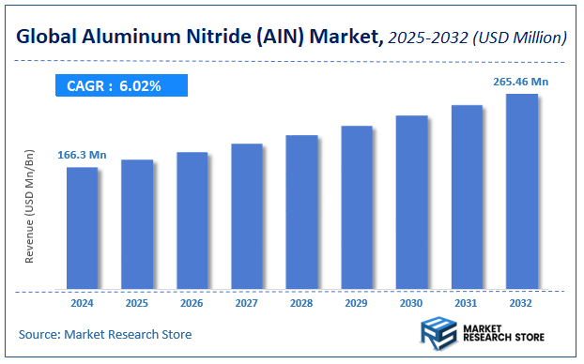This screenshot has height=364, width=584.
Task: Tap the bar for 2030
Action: pyautogui.click(x=411, y=202)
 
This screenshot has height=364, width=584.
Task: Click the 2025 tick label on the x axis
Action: pyautogui.click(x=137, y=303)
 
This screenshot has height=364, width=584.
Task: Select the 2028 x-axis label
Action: pyautogui.click(x=301, y=303)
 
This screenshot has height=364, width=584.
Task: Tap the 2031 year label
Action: pyautogui.click(x=467, y=303)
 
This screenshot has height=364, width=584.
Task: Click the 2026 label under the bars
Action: pyautogui.click(x=192, y=303)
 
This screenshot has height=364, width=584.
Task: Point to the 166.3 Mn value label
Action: pyautogui.click(x=82, y=154)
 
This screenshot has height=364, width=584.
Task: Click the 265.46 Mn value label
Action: pyautogui.click(x=520, y=82)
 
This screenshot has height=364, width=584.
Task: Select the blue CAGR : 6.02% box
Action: pyautogui.click(x=119, y=85)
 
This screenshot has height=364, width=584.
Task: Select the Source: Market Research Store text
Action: pyautogui.click(x=105, y=334)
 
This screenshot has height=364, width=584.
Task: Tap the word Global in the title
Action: pyautogui.click(x=44, y=38)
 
